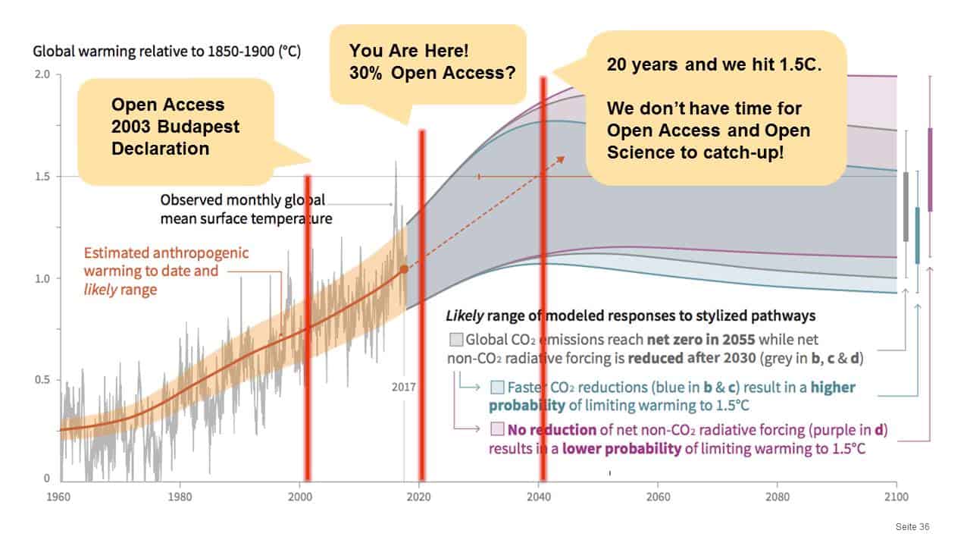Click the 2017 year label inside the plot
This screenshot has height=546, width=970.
[403, 387]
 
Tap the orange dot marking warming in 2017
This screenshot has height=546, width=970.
[404, 268]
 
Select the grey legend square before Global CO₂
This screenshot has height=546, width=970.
[456, 339]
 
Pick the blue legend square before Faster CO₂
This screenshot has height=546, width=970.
[497, 388]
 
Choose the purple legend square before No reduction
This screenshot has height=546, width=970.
[497, 430]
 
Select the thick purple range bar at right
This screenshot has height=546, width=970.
[931, 169]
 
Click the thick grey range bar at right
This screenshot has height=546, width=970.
[906, 206]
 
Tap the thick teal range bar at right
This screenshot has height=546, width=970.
[918, 235]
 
